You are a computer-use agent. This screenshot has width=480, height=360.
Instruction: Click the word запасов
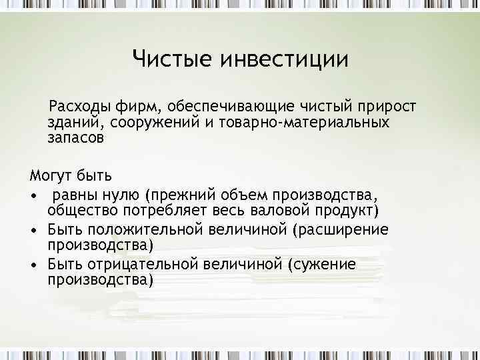point(76,139)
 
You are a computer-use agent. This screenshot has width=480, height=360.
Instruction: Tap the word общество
point(79,211)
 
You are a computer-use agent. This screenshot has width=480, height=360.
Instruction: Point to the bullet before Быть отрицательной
point(33,265)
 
